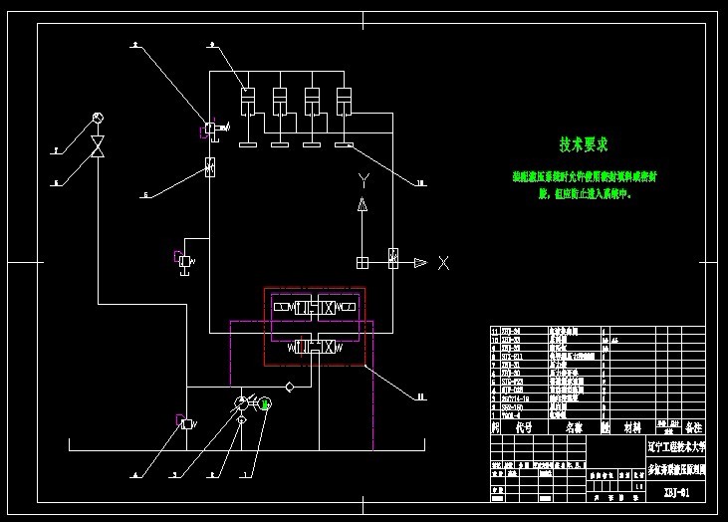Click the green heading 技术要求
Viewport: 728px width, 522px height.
point(584,145)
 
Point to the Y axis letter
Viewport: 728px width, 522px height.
point(364,180)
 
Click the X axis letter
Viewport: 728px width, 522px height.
point(443,262)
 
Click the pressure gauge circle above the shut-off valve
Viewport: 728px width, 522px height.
point(98,119)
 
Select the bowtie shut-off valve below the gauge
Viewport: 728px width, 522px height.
point(98,148)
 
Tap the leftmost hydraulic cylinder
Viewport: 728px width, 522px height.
point(248,102)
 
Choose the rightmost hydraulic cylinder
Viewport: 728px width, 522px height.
point(345,102)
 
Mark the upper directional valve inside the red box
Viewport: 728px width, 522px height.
point(313,307)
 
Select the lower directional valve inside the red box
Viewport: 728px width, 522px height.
point(313,347)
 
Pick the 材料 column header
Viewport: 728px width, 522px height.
point(632,426)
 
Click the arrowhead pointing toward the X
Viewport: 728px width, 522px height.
point(420,262)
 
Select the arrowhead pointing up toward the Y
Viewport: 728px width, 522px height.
point(364,205)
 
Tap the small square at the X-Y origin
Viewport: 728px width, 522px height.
point(363,262)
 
